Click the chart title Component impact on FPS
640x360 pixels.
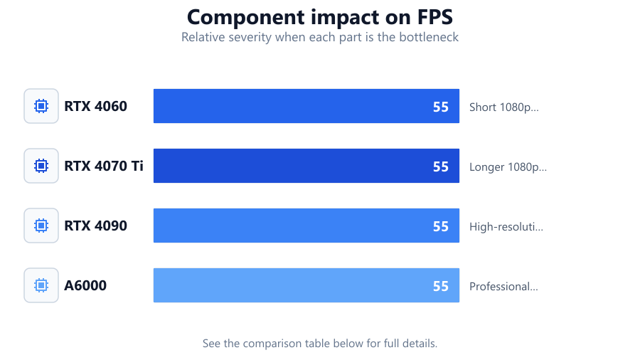tap(320, 18)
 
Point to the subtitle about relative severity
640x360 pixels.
tap(320, 37)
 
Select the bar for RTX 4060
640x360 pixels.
tap(306, 106)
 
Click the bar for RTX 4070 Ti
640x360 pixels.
tap(306, 166)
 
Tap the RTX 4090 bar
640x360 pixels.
tap(306, 226)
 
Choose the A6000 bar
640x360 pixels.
tap(306, 285)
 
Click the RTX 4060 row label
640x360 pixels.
tap(95, 106)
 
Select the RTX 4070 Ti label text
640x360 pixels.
tap(104, 166)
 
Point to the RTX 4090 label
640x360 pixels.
tap(95, 226)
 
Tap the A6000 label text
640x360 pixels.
tap(85, 285)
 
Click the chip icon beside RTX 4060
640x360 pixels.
tap(41, 106)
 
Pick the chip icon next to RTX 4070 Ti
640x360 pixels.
tap(41, 166)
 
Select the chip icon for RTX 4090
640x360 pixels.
tap(41, 226)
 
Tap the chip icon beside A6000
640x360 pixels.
tap(41, 285)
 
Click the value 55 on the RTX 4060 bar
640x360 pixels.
tap(441, 107)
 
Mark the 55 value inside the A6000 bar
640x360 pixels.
tap(441, 286)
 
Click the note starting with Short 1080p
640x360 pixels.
tap(504, 107)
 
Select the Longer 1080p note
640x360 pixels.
tap(508, 167)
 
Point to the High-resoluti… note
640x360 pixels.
tap(506, 226)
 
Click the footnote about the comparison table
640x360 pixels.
tap(320, 343)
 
